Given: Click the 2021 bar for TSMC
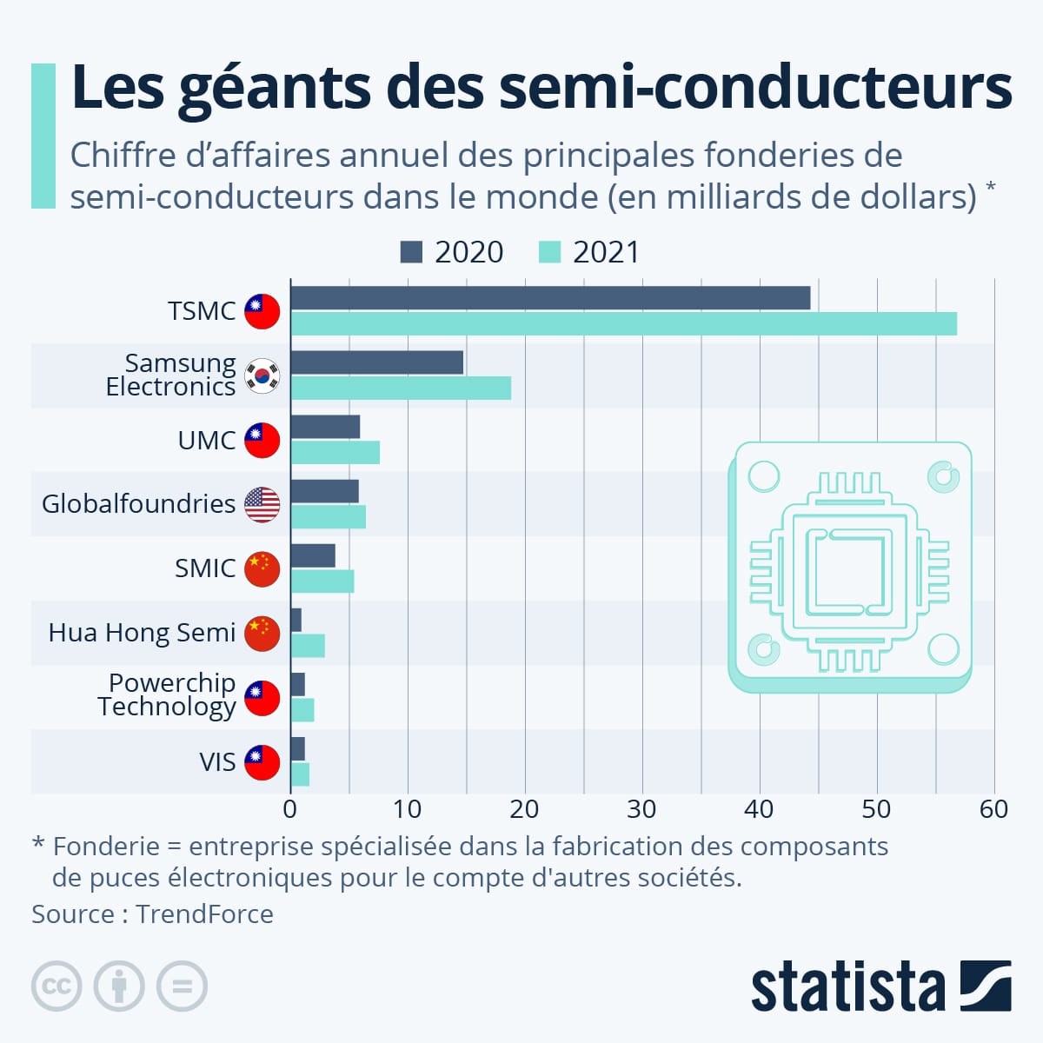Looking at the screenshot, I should (x=623, y=324).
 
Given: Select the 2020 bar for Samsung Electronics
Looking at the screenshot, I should (x=376, y=362).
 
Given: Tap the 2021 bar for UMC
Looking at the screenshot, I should (x=335, y=453).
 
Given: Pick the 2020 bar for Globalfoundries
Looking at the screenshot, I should (x=324, y=491).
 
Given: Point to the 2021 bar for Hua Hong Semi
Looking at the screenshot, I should (x=308, y=646).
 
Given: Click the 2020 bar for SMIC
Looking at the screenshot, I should (x=313, y=555).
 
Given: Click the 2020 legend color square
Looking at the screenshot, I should (x=411, y=252).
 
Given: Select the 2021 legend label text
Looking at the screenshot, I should (x=606, y=252).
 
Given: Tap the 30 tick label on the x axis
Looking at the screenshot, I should (x=641, y=809).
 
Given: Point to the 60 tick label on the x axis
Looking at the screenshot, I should (x=993, y=809).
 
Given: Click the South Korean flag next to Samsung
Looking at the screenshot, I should (x=262, y=375).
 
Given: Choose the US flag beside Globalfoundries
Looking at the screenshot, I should (x=262, y=504).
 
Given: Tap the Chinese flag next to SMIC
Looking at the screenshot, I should (x=262, y=568).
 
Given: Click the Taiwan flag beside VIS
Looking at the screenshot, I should (x=262, y=762).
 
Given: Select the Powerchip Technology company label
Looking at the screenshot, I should (x=167, y=694).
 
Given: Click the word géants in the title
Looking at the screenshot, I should (x=276, y=89).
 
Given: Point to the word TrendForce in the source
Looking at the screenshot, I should (x=204, y=914).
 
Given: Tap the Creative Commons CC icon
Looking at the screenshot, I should (x=56, y=987).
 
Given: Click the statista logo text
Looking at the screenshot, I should (x=847, y=987).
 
